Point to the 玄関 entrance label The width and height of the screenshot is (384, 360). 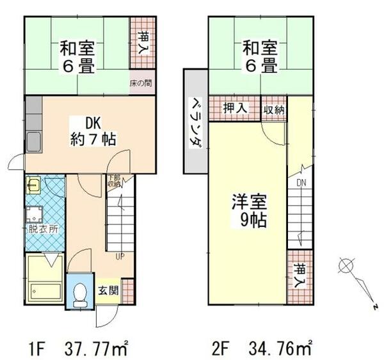pos(107,289)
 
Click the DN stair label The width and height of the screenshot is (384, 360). pos(301,184)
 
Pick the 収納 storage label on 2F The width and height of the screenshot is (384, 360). pos(274,110)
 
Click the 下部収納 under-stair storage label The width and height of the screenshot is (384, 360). pos(114,180)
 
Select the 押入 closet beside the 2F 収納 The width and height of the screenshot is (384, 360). pos(235,109)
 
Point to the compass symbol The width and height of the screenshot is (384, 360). pos(346,265)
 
